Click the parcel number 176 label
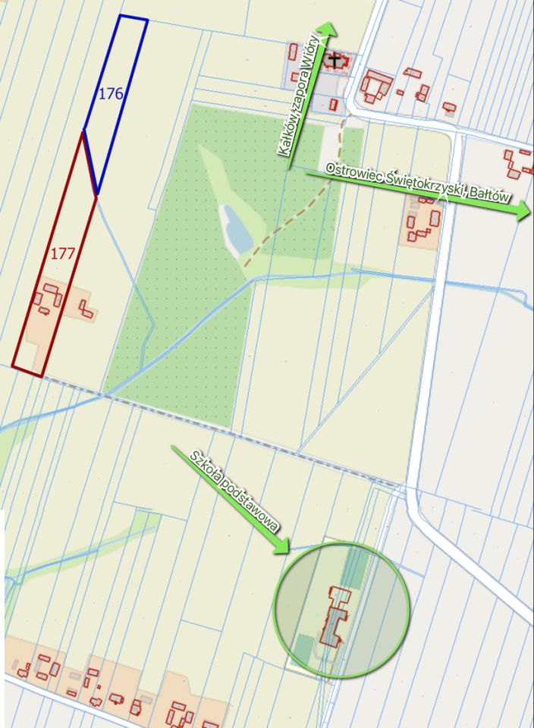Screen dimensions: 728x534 pyautogui.click(x=111, y=94)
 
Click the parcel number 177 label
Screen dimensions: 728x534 pyautogui.click(x=62, y=253)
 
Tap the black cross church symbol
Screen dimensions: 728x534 pyautogui.click(x=335, y=58)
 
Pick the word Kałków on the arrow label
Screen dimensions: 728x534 pyautogui.click(x=287, y=136)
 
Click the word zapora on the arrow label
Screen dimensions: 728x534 pyautogui.click(x=300, y=95)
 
